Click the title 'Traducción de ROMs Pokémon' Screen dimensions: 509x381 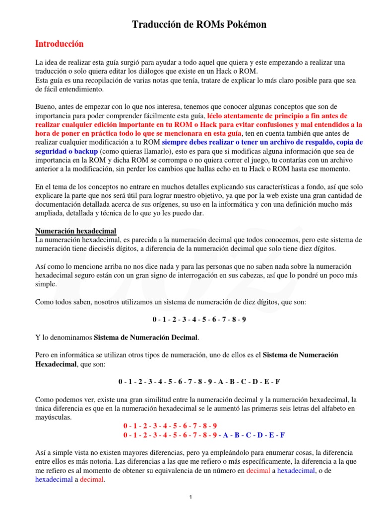(x=199, y=25)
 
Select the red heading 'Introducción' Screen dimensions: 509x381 (x=60, y=44)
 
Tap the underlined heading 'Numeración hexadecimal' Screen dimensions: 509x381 (x=75, y=231)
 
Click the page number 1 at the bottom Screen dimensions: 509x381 (x=191, y=498)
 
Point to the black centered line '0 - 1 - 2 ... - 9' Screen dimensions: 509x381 (x=199, y=319)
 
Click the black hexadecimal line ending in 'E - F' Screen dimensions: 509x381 (x=199, y=381)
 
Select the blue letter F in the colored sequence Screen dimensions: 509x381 (x=282, y=435)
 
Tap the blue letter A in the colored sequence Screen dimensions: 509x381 (x=226, y=435)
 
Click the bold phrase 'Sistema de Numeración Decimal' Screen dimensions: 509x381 (x=146, y=338)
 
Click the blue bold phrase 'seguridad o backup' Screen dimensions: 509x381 (x=66, y=151)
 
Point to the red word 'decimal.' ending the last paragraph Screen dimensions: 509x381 (x=92, y=480)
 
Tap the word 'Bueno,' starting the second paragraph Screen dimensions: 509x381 (x=46, y=106)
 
